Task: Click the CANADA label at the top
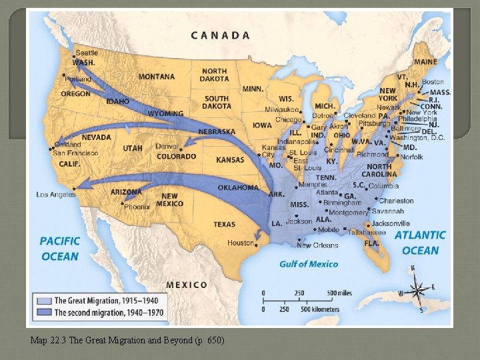pyautogui.click(x=221, y=35)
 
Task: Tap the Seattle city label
pyautogui.click(x=87, y=53)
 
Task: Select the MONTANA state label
pyautogui.click(x=157, y=77)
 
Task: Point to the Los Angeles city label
pyautogui.click(x=56, y=195)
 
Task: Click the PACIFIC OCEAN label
pyautogui.click(x=60, y=249)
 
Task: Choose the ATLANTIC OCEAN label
pyautogui.click(x=420, y=243)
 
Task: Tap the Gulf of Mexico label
pyautogui.click(x=309, y=264)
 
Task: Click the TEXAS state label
pyautogui.click(x=225, y=225)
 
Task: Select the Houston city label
pyautogui.click(x=241, y=243)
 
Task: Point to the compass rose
pyautogui.click(x=417, y=290)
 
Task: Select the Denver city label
pyautogui.click(x=167, y=146)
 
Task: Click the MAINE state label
pyautogui.click(x=425, y=62)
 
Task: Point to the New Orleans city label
pyautogui.click(x=317, y=245)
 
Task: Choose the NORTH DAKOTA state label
pyautogui.click(x=214, y=75)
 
